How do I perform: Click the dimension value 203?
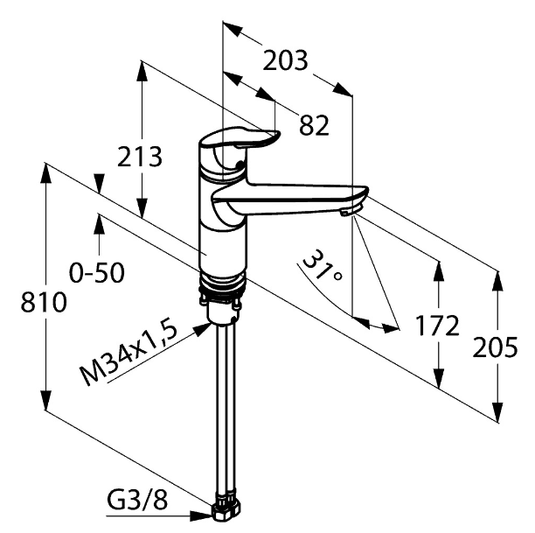tap(285, 60)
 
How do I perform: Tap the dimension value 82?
tap(314, 124)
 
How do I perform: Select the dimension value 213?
tap(140, 157)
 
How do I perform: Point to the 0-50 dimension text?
tap(97, 273)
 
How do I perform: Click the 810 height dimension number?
tap(44, 302)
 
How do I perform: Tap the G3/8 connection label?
tap(137, 501)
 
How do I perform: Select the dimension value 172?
tap(437, 326)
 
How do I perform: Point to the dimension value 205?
tap(495, 347)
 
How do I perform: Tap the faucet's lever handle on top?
tap(243, 137)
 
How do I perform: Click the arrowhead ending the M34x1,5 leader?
tap(202, 329)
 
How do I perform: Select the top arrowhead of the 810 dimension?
tap(45, 175)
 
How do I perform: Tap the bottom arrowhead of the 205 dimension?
tap(497, 411)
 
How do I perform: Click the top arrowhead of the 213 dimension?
tap(142, 73)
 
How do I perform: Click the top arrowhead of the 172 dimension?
tap(439, 273)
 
